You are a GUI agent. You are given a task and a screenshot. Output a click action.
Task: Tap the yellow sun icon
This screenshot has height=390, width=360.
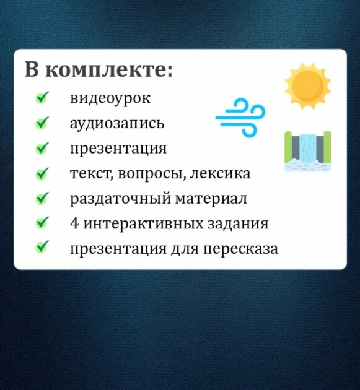click(x=308, y=86)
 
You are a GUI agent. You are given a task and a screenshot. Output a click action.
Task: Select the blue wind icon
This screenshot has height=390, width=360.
click(x=240, y=118)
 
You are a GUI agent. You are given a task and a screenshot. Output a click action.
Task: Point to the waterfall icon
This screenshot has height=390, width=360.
click(x=308, y=151)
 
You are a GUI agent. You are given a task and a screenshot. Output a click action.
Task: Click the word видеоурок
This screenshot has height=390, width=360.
click(x=110, y=98)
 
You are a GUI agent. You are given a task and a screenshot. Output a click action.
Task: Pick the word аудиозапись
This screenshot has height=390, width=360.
click(x=117, y=123)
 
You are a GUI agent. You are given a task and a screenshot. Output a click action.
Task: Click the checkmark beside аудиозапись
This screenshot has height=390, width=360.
click(x=42, y=123)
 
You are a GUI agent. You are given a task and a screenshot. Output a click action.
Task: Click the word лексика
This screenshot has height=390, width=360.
click(x=220, y=173)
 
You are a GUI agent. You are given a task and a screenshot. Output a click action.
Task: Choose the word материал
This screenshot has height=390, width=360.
click(x=211, y=199)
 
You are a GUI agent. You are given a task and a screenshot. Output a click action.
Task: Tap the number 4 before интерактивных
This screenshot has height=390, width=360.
click(x=74, y=223)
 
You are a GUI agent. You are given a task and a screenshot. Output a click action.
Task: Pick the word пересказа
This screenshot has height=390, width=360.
click(x=241, y=248)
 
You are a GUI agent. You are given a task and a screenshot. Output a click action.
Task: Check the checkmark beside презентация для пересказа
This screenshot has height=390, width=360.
click(x=42, y=247)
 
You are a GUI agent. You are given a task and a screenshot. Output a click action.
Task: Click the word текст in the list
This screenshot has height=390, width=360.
click(x=92, y=173)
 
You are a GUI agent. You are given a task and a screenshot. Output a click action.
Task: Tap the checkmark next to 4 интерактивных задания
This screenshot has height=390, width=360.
click(x=42, y=222)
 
